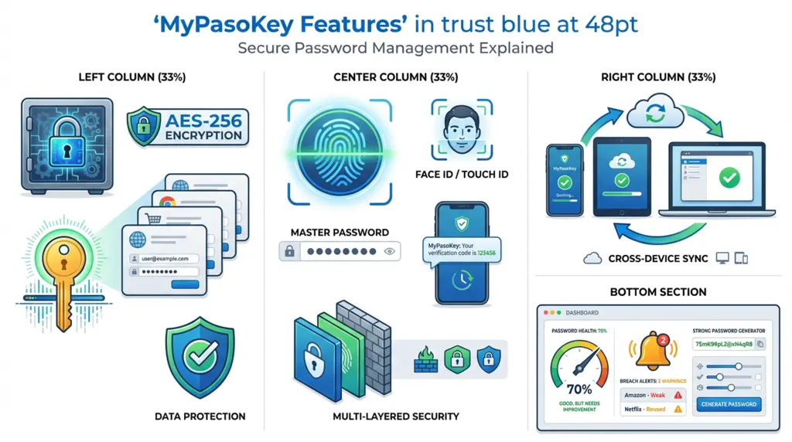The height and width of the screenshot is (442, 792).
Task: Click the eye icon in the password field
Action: pos(389,251)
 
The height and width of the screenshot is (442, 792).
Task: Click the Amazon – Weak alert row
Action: pos(653,394)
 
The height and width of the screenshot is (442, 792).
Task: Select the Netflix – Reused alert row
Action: pos(653,409)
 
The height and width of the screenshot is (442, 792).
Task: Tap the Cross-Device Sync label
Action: pos(658,258)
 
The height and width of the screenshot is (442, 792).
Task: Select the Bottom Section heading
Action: pos(657,292)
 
